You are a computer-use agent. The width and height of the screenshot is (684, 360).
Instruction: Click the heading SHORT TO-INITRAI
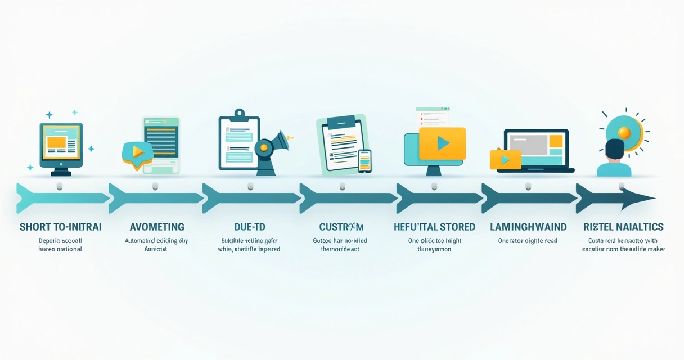tap(61, 227)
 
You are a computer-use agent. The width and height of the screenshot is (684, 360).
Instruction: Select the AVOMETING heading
tap(157, 227)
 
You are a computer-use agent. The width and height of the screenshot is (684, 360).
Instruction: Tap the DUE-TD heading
tap(250, 227)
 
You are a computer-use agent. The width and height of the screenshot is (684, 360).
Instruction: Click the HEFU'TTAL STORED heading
tap(434, 227)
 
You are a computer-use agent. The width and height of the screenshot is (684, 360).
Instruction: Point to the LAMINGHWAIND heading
tap(528, 227)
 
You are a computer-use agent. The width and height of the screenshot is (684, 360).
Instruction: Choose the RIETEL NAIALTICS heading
tap(624, 227)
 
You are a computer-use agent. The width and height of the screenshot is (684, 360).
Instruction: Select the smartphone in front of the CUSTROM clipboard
tap(364, 161)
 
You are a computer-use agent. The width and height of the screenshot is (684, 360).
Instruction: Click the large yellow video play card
tap(443, 143)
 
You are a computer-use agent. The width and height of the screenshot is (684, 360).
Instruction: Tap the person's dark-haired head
tap(614, 149)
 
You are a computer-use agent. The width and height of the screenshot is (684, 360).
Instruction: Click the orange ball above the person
tap(624, 132)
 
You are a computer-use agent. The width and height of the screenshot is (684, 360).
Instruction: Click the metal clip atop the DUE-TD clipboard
tap(239, 113)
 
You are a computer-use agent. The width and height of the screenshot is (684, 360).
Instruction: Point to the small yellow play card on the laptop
tap(505, 160)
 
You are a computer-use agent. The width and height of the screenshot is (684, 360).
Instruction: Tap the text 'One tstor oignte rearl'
tap(528, 241)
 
